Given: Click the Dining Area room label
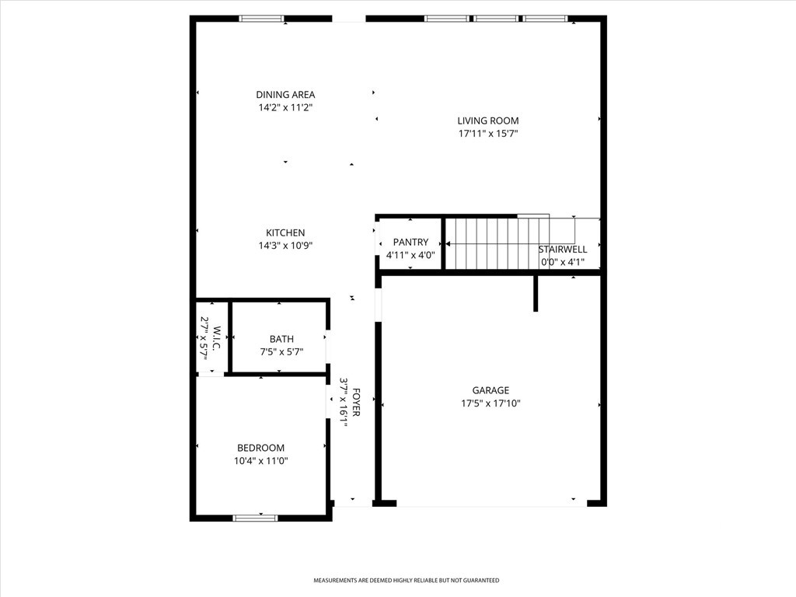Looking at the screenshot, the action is [285, 94].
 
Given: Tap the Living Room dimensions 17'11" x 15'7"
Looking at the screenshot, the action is [488, 134].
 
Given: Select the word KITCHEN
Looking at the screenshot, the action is [285, 232].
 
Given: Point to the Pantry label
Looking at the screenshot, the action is [410, 243].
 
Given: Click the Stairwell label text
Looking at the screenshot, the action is [563, 250].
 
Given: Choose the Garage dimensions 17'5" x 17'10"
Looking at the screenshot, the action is [491, 403].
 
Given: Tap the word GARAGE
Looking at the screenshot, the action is [491, 390].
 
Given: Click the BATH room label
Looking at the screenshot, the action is [281, 339].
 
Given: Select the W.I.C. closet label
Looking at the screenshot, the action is [216, 338].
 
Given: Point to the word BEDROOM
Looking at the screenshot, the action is [261, 448].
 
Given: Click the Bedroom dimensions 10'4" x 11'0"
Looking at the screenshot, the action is [261, 461].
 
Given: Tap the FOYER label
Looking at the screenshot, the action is [356, 402].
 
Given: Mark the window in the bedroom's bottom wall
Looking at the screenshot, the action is [255, 518].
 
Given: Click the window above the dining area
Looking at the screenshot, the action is [262, 19].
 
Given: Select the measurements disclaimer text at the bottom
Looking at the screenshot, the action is [406, 580].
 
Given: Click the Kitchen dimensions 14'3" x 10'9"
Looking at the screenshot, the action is [285, 246].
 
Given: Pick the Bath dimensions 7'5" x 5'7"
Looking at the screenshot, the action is [281, 352].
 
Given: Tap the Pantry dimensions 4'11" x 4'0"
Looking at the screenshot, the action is [410, 255].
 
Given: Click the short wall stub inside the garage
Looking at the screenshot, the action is [536, 293].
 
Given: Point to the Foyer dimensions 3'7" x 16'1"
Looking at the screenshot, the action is [343, 402].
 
